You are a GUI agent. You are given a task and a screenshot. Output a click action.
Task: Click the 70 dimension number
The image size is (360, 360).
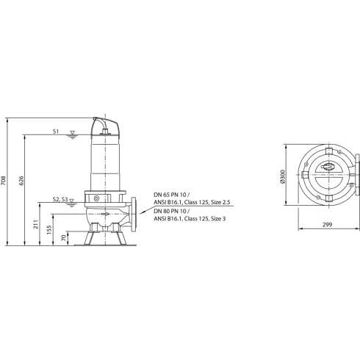pyautogui.click(x=64, y=238)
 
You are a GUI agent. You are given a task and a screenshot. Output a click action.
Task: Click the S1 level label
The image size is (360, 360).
pyautogui.click(x=56, y=132)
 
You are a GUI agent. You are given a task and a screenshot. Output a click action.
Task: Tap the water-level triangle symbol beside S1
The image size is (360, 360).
pyautogui.click(x=71, y=133)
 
